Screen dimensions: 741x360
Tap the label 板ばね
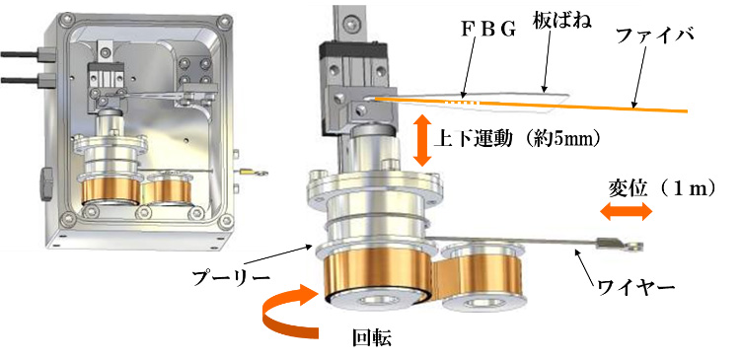(x=563, y=21)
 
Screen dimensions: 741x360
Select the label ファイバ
(x=654, y=36)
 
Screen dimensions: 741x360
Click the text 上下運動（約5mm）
(x=517, y=139)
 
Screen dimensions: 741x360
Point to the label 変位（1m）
(x=661, y=189)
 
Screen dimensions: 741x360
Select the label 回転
(x=372, y=337)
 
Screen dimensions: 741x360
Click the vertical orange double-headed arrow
(x=422, y=140)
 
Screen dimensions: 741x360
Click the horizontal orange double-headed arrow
(x=626, y=212)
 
